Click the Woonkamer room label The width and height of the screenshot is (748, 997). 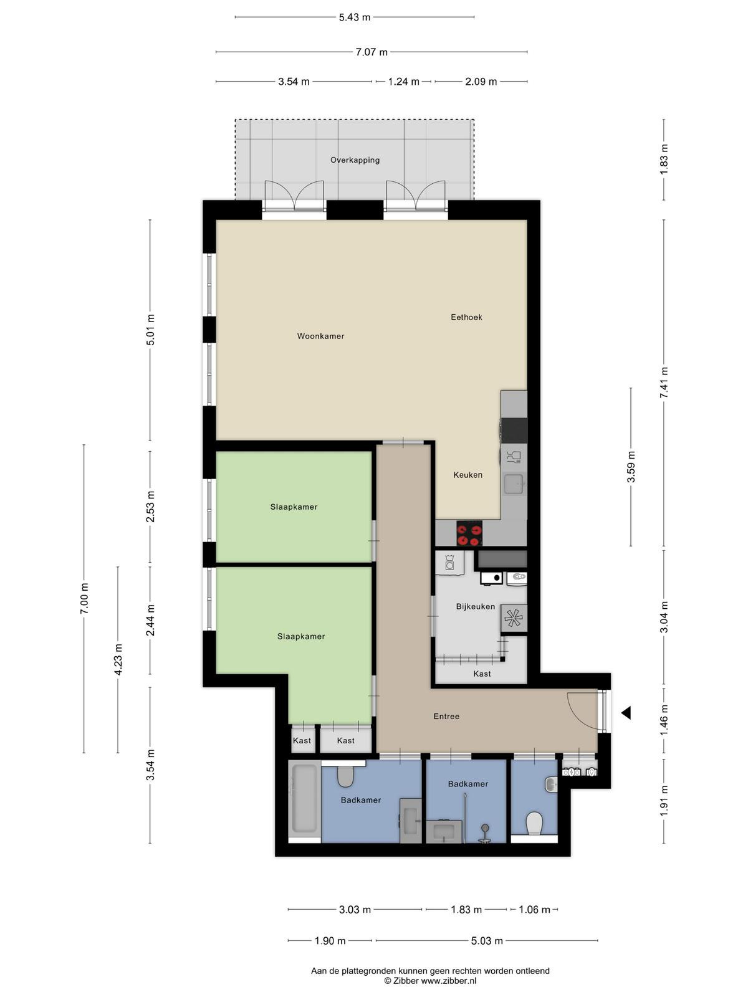pyautogui.click(x=320, y=336)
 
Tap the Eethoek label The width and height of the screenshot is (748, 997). pyautogui.click(x=466, y=317)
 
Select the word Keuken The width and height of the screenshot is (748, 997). pyautogui.click(x=467, y=475)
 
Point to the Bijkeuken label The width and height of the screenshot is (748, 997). pyautogui.click(x=475, y=606)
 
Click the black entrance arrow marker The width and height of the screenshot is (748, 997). pyautogui.click(x=626, y=713)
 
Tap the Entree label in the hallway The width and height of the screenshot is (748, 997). pyautogui.click(x=446, y=717)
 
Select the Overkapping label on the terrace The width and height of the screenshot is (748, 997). pyautogui.click(x=355, y=160)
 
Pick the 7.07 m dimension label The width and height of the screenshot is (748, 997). pyautogui.click(x=372, y=52)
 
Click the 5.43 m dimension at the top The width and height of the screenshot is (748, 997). pyautogui.click(x=355, y=17)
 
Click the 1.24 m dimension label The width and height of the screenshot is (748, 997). pyautogui.click(x=403, y=82)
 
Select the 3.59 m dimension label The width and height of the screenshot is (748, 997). pyautogui.click(x=631, y=467)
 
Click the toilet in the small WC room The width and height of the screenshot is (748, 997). pyautogui.click(x=534, y=824)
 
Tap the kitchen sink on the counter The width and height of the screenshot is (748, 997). pyautogui.click(x=515, y=484)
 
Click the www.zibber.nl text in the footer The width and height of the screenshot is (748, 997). pyautogui.click(x=449, y=981)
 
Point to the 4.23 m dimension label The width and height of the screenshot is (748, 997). pyautogui.click(x=118, y=659)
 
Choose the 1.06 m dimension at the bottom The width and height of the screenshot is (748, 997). pyautogui.click(x=535, y=910)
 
